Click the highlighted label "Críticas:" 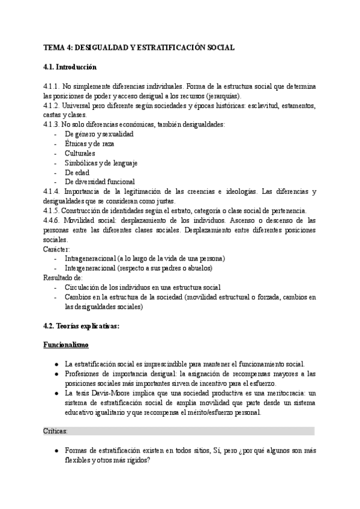(56, 431)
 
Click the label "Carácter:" (57, 248)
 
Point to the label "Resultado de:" (63, 277)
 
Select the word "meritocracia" (278, 393)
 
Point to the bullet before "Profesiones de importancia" (56, 373)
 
